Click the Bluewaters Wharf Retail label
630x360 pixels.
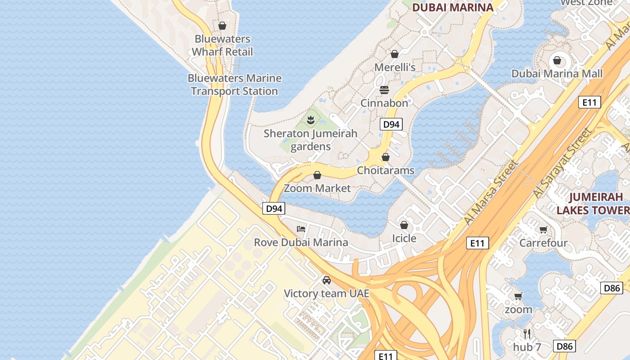(x=222, y=45)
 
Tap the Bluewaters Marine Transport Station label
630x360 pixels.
(x=234, y=85)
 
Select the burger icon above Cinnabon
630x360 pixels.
(x=384, y=90)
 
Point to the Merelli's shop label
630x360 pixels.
(x=395, y=67)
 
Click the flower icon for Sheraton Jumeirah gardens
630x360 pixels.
(x=310, y=120)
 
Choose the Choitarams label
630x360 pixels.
(x=385, y=171)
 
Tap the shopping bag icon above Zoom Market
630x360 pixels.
(x=317, y=175)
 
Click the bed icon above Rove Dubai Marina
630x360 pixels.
(x=301, y=229)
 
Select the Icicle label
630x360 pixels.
(x=404, y=238)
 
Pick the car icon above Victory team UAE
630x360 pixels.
(x=327, y=280)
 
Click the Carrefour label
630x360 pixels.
(x=543, y=243)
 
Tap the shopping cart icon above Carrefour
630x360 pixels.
(x=544, y=230)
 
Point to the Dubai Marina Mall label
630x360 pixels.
(x=557, y=73)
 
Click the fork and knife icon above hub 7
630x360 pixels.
(x=527, y=334)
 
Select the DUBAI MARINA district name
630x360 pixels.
(x=453, y=7)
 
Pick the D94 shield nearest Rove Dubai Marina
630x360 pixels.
(x=274, y=208)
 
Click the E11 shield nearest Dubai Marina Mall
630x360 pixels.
(x=589, y=103)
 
